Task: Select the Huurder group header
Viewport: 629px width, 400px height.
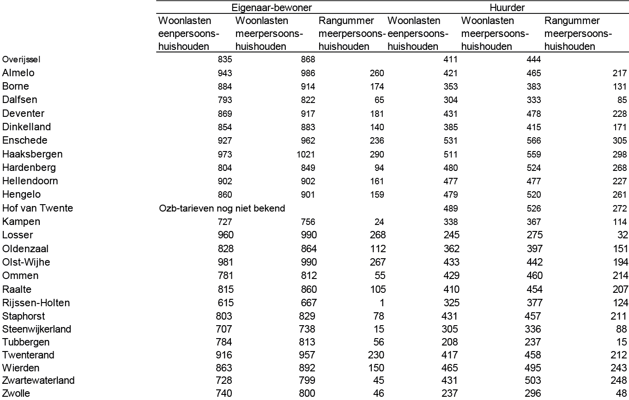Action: (508, 7)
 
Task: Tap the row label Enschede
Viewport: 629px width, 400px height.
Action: (25, 140)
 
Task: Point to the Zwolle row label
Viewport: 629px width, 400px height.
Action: (16, 394)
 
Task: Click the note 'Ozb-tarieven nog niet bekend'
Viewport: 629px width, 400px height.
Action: (222, 208)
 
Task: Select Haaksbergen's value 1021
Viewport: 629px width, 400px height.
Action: (306, 154)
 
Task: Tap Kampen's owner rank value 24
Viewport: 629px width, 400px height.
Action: (379, 222)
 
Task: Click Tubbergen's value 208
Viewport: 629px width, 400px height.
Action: (451, 342)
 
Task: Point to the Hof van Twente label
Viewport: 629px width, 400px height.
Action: (37, 208)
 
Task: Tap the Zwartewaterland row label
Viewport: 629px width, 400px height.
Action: (38, 381)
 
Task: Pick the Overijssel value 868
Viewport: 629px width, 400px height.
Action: (308, 60)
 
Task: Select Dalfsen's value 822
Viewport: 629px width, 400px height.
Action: (308, 100)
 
